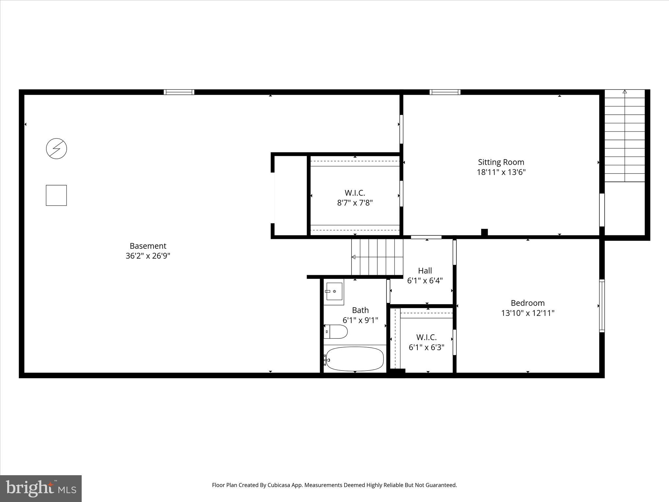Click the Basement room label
[x=148, y=246]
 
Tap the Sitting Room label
[x=501, y=162]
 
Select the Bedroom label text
[x=528, y=303]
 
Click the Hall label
[x=425, y=271]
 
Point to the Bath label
[x=360, y=310]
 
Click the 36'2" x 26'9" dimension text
[x=148, y=256]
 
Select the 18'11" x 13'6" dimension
[x=501, y=172]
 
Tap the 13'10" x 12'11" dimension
[x=528, y=313]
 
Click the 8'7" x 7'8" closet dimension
[x=355, y=203]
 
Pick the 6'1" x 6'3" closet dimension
[x=426, y=347]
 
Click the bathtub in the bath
[x=355, y=359]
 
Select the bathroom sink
[x=334, y=291]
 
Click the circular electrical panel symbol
[x=57, y=149]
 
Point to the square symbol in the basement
[x=56, y=195]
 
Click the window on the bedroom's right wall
[x=602, y=306]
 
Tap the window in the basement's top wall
[x=179, y=92]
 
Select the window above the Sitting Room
[x=445, y=92]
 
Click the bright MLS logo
[x=41, y=488]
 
